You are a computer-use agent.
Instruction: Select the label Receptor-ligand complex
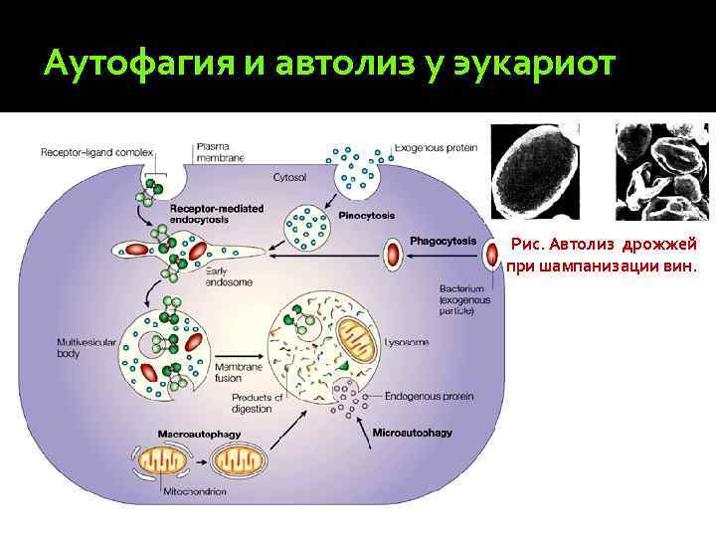coord(96,152)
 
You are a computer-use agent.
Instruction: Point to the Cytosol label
coord(290,176)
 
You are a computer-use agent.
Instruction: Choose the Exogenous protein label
coord(436,148)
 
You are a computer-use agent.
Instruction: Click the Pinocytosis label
coord(368,214)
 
